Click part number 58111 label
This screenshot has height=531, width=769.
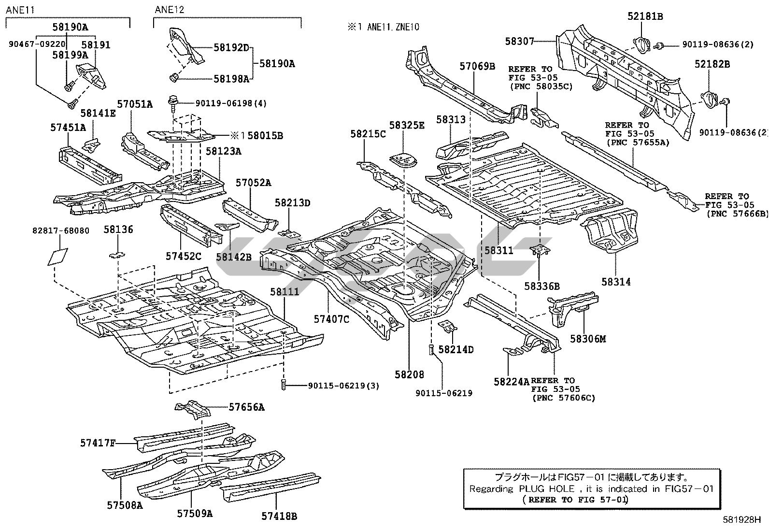coord(285,292)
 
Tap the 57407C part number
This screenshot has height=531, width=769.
coord(331,319)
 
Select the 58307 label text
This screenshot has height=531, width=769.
coord(520,42)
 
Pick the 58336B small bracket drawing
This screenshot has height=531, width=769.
coord(540,250)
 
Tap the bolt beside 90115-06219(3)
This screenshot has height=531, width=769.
coord(284,385)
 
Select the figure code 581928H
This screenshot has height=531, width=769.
coord(741,520)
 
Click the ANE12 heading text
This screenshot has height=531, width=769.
coord(170,10)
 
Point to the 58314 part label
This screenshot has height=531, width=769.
coord(616,281)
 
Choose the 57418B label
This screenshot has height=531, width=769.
coord(279,516)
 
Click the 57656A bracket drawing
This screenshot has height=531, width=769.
coord(194,410)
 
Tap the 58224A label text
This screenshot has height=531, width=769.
coord(512,382)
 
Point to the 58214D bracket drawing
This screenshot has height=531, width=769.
coord(448,327)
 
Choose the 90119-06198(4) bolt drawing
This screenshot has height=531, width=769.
coord(172,102)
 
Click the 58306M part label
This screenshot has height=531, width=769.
coord(587,339)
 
